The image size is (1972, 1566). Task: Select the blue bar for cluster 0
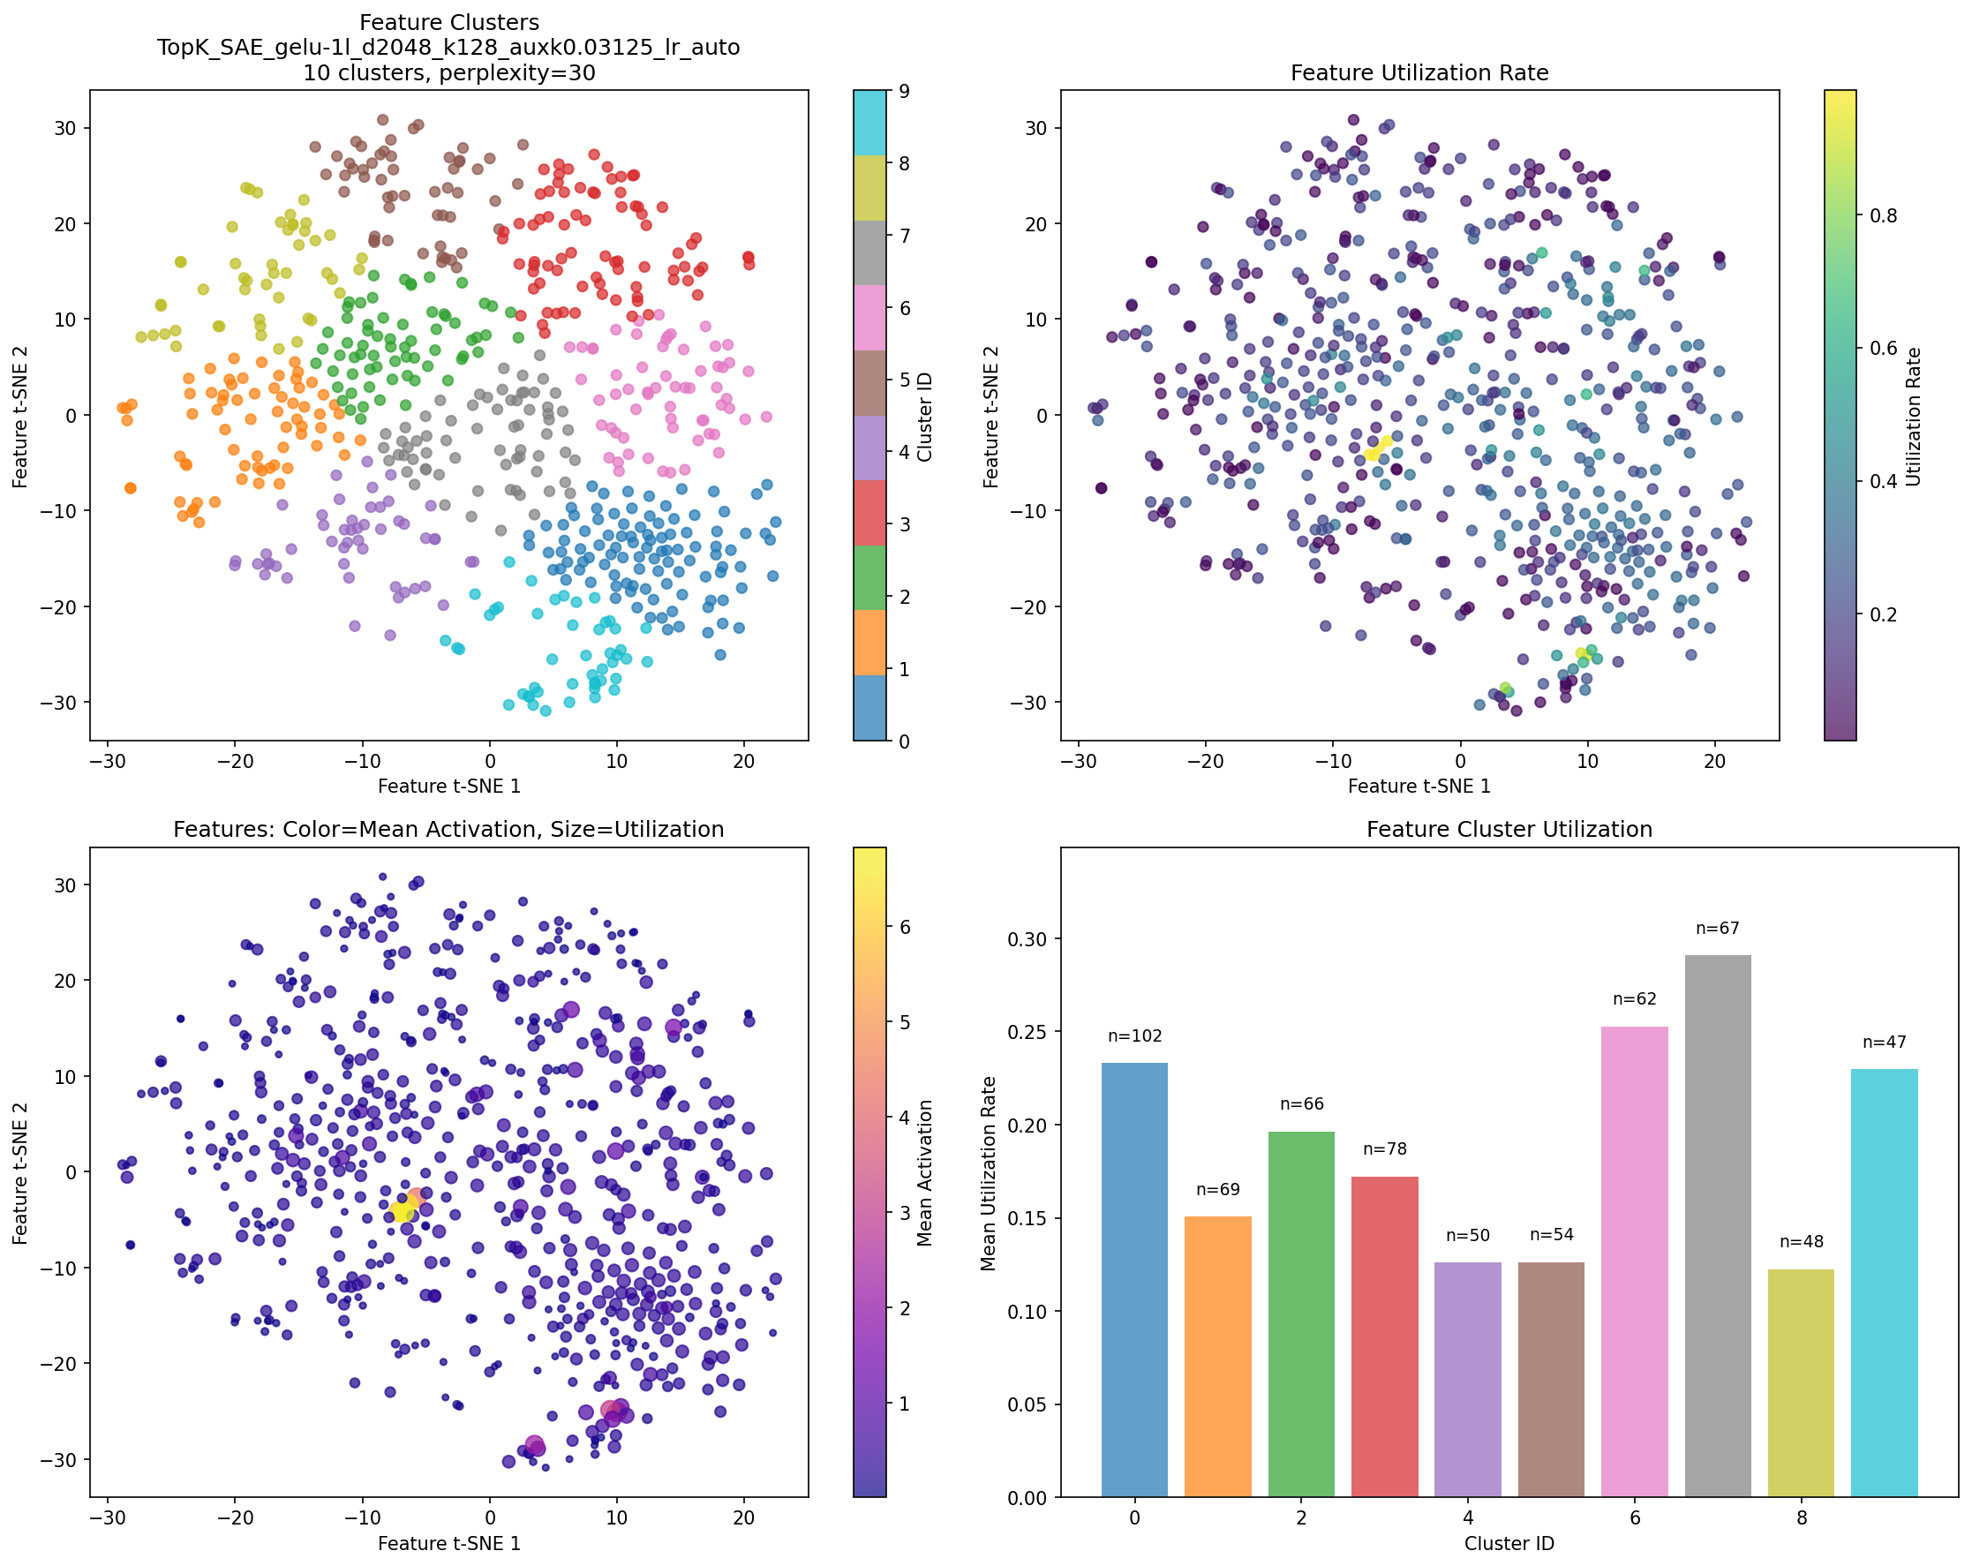coord(1134,1281)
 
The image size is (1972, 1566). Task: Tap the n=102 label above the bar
coord(1134,1036)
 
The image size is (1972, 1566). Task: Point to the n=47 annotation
coord(1885,1043)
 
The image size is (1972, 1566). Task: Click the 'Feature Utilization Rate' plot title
coord(1419,73)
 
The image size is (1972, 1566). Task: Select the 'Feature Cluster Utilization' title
coord(1509,830)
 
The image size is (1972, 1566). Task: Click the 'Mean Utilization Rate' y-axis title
coord(988,1173)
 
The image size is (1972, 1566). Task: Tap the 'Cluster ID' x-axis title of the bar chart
coord(1509,1544)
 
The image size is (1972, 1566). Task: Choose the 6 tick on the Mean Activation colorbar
coord(906,928)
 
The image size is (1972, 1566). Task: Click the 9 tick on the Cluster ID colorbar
coord(904,91)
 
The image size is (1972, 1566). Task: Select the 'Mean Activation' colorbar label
coord(925,1173)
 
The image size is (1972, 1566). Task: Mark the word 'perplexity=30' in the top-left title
coord(516,73)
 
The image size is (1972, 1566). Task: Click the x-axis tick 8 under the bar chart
coord(1801,1518)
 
